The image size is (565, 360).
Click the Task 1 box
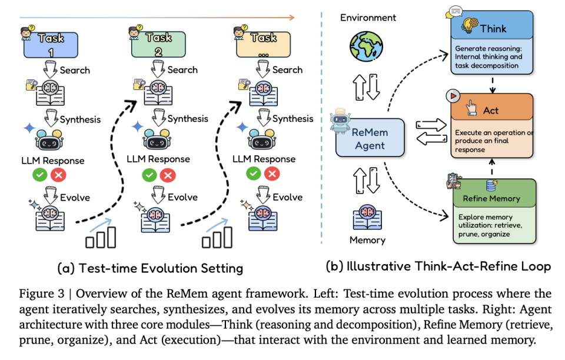pyautogui.click(x=52, y=45)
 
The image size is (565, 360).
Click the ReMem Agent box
pyautogui.click(x=370, y=138)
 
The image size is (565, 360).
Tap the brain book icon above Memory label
pyautogui.click(x=368, y=214)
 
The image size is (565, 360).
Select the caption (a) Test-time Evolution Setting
pyautogui.click(x=150, y=269)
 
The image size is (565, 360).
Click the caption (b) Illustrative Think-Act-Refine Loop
pyautogui.click(x=438, y=266)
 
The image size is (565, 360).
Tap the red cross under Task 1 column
pyautogui.click(x=59, y=174)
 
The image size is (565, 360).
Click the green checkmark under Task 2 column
pyautogui.click(x=149, y=174)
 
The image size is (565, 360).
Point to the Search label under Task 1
pyautogui.click(x=75, y=70)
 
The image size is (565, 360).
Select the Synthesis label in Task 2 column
pyautogui.click(x=188, y=119)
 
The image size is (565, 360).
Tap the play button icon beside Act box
pyautogui.click(x=453, y=96)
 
